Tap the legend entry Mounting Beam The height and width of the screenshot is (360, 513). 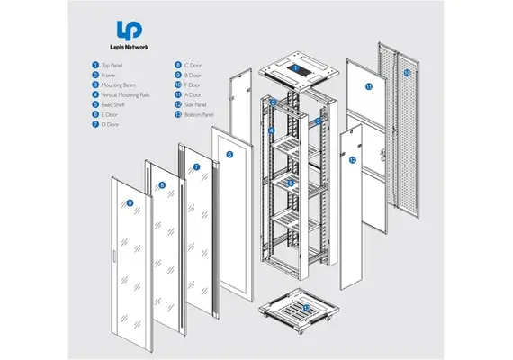(118, 85)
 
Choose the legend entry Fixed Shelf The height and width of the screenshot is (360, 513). (114, 104)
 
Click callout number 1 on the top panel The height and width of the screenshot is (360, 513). (294, 67)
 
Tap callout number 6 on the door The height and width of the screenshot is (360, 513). (229, 155)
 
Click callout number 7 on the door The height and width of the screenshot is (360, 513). (196, 167)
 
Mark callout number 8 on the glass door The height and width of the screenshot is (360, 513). (162, 185)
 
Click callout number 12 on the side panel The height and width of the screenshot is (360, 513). (353, 159)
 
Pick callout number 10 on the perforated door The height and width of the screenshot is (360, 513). (407, 72)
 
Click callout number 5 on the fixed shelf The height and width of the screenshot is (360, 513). (289, 183)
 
